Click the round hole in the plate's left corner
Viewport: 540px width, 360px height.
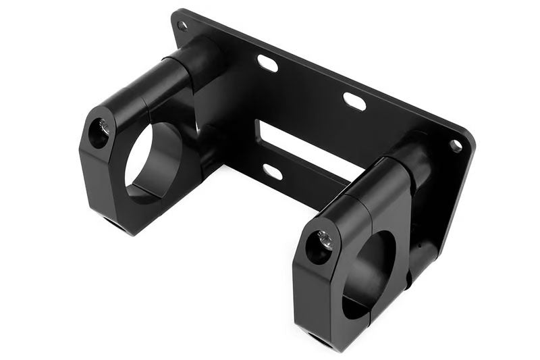click(x=182, y=26)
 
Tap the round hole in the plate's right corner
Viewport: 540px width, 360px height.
click(x=456, y=145)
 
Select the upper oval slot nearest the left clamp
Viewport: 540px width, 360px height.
click(x=268, y=63)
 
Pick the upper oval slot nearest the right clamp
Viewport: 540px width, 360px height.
click(x=354, y=101)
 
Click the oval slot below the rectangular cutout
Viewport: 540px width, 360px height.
click(x=272, y=172)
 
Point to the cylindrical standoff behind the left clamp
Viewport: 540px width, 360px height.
click(x=202, y=57)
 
